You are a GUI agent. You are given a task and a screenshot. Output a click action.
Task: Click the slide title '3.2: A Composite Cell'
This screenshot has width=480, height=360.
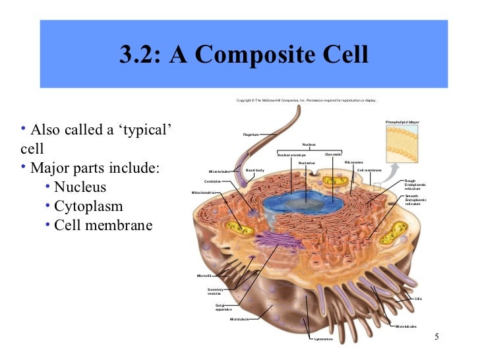pos(243,54)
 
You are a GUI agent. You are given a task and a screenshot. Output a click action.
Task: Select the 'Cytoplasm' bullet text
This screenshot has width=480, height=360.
pos(88,206)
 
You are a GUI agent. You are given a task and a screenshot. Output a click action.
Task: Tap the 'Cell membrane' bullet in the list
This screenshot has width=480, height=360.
pos(103,225)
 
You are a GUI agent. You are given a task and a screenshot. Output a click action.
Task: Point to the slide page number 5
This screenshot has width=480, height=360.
pos(436,338)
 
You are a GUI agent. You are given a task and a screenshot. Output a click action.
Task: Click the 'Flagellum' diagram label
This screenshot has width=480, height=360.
pos(251,135)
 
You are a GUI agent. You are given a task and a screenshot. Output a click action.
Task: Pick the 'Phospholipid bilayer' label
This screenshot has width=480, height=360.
pos(402,123)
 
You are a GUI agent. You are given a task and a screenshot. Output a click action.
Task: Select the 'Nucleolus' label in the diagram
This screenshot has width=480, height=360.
pos(307,163)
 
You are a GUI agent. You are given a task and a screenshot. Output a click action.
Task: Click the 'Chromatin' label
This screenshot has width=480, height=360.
pos(333,155)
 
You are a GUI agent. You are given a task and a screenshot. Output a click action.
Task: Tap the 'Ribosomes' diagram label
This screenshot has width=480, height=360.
pos(353,162)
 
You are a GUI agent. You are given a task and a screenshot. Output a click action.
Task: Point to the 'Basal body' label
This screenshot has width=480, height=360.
pos(255,170)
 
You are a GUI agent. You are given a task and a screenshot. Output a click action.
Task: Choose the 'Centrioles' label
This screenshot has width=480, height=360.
pos(212,181)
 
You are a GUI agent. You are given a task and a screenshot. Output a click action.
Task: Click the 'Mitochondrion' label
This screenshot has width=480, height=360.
pos(203,193)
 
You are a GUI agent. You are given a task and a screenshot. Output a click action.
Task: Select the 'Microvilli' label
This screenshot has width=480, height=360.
pos(204,276)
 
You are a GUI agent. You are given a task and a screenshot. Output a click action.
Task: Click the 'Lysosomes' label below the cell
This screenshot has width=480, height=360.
pos(323,340)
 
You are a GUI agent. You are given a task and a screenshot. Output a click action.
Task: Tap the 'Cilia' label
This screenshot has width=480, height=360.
pos(418,299)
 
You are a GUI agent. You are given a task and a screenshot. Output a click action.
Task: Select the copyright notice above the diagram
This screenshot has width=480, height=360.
pos(306,101)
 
